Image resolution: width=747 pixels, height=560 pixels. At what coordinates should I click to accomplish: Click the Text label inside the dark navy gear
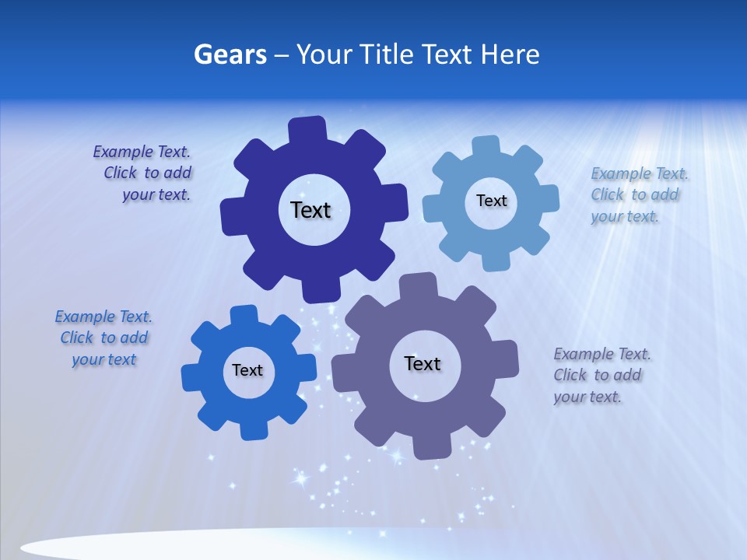(310, 210)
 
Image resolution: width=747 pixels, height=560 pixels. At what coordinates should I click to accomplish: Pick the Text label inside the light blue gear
(491, 201)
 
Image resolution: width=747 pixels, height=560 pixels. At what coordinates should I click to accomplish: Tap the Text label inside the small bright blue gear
(247, 370)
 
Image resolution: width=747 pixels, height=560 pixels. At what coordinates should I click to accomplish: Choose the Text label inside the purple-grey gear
(423, 363)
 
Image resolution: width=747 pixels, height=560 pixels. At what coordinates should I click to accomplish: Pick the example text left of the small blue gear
(103, 338)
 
